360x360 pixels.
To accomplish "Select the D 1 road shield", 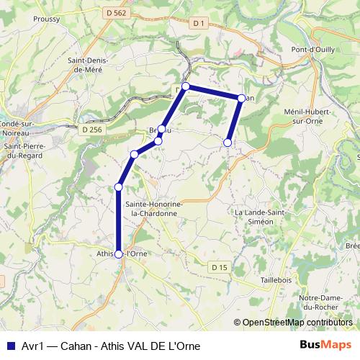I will tap(199, 23).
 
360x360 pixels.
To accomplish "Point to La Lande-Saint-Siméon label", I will tap(261, 217).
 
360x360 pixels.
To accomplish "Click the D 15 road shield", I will tap(220, 267).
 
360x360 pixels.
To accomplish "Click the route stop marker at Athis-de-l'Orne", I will tap(119, 253).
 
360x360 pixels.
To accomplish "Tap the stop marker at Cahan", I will tap(241, 98).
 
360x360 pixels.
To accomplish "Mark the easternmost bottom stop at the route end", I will tap(228, 143).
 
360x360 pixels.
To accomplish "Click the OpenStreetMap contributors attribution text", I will tap(297, 323).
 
